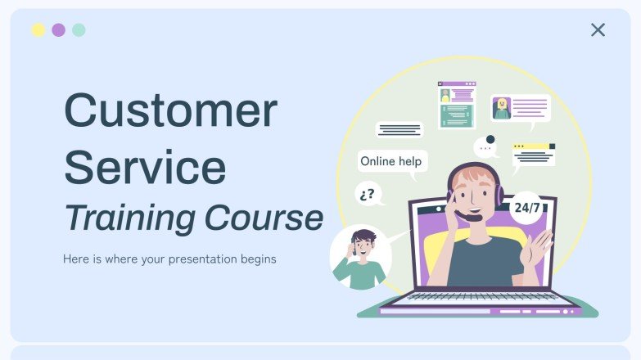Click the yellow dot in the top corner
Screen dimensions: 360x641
click(x=38, y=30)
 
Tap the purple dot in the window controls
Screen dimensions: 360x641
click(x=58, y=30)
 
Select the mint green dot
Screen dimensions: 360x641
click(x=79, y=30)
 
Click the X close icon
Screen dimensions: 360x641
click(x=598, y=30)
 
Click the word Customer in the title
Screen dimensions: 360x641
click(x=170, y=110)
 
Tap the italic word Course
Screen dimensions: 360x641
click(x=264, y=218)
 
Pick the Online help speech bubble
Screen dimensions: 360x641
click(x=391, y=161)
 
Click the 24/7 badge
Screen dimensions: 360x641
click(x=526, y=208)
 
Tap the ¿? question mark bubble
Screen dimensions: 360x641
click(x=368, y=194)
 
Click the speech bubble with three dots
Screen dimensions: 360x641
click(x=486, y=148)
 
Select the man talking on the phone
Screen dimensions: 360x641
click(x=360, y=257)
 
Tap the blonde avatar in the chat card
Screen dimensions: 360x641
click(x=502, y=108)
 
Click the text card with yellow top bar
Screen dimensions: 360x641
click(x=533, y=154)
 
